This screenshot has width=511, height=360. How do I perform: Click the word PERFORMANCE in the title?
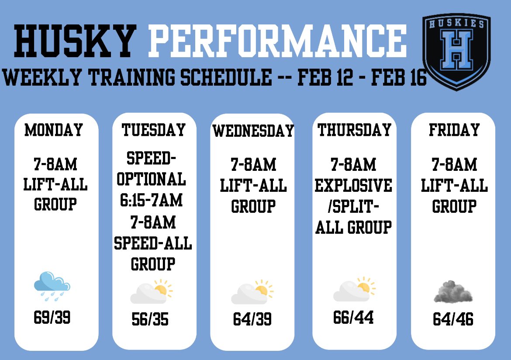click(x=277, y=40)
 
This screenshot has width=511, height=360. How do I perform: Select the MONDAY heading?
click(x=54, y=130)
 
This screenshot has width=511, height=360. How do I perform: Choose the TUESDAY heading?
click(x=154, y=130)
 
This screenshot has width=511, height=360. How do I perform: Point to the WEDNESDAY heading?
click(x=253, y=131)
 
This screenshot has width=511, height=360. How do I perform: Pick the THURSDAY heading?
click(x=354, y=130)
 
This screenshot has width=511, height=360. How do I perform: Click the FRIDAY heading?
click(x=454, y=130)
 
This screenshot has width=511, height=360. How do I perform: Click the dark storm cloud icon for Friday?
click(x=453, y=292)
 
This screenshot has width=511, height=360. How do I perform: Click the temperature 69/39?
click(x=52, y=318)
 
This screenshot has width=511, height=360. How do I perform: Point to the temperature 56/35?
click(x=150, y=320)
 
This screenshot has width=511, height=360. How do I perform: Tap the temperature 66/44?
click(x=353, y=318)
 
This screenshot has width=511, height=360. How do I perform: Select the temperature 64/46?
click(x=453, y=319)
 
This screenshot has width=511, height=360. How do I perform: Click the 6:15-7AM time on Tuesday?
click(x=151, y=201)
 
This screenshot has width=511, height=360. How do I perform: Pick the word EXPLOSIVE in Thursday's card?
click(x=354, y=186)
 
